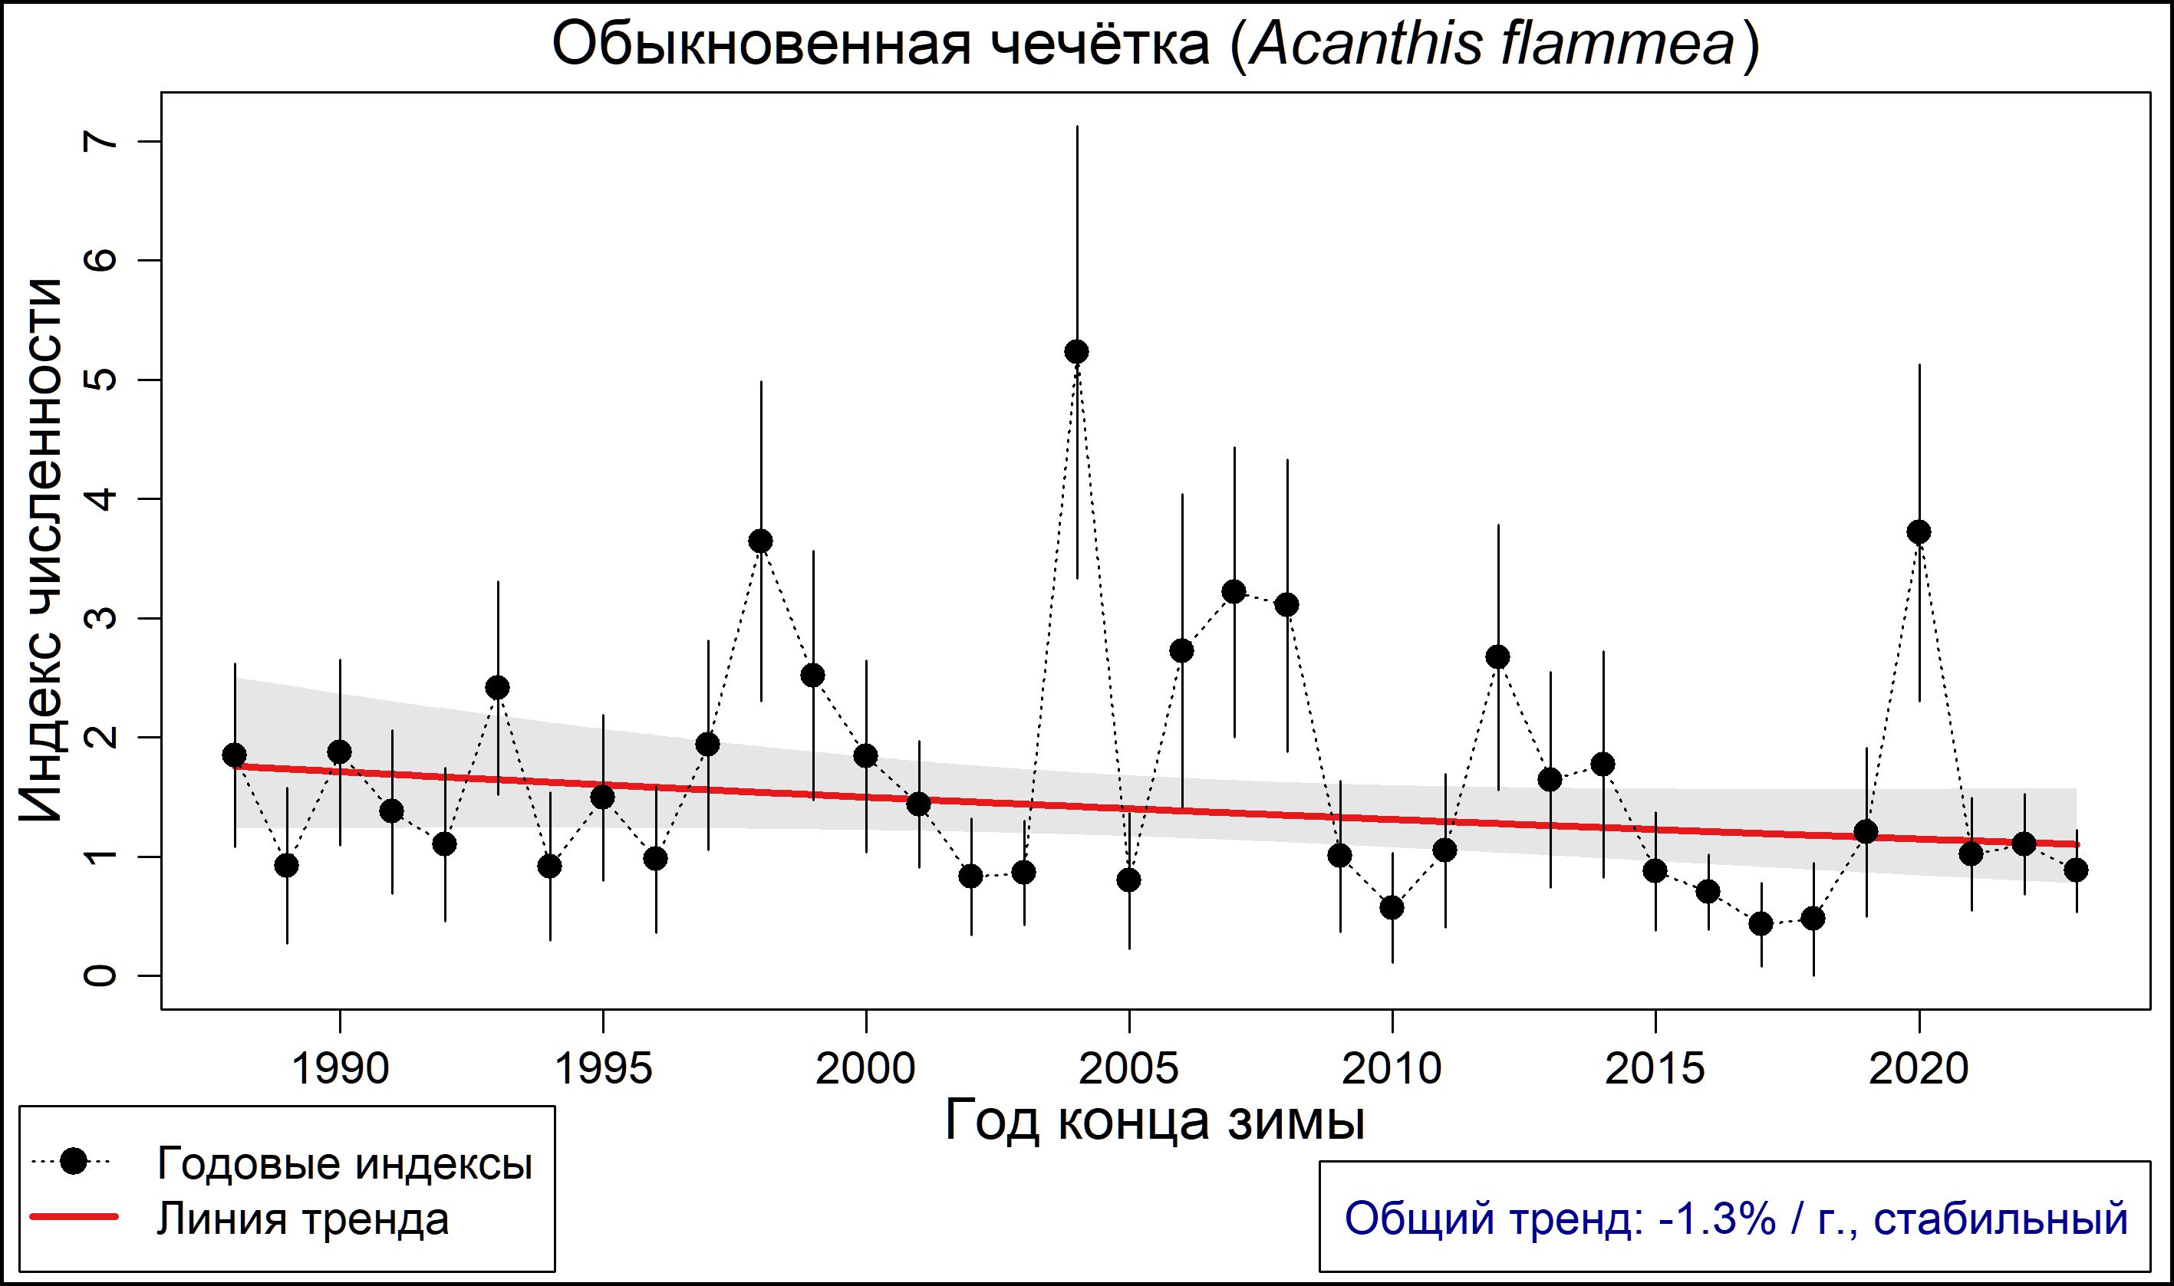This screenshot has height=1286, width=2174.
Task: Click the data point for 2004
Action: point(1076,352)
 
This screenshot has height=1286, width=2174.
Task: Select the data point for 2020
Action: point(1919,532)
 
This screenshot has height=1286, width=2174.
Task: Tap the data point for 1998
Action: point(761,541)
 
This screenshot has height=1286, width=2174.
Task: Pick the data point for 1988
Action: point(234,755)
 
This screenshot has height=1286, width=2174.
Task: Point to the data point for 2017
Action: point(1761,924)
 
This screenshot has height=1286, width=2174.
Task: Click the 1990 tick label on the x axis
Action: point(340,1069)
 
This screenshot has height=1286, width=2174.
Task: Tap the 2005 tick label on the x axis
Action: point(1129,1069)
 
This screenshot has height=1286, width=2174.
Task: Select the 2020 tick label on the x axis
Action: point(1919,1069)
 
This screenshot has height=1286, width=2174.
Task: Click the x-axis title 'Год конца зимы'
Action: point(1155,1120)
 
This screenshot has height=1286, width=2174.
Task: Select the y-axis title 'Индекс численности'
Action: point(41,551)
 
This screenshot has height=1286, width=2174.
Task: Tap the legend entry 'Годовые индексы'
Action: point(344,1163)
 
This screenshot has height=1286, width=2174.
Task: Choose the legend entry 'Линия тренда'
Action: point(303,1219)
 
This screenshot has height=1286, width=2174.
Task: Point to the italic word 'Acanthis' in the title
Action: point(1365,45)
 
